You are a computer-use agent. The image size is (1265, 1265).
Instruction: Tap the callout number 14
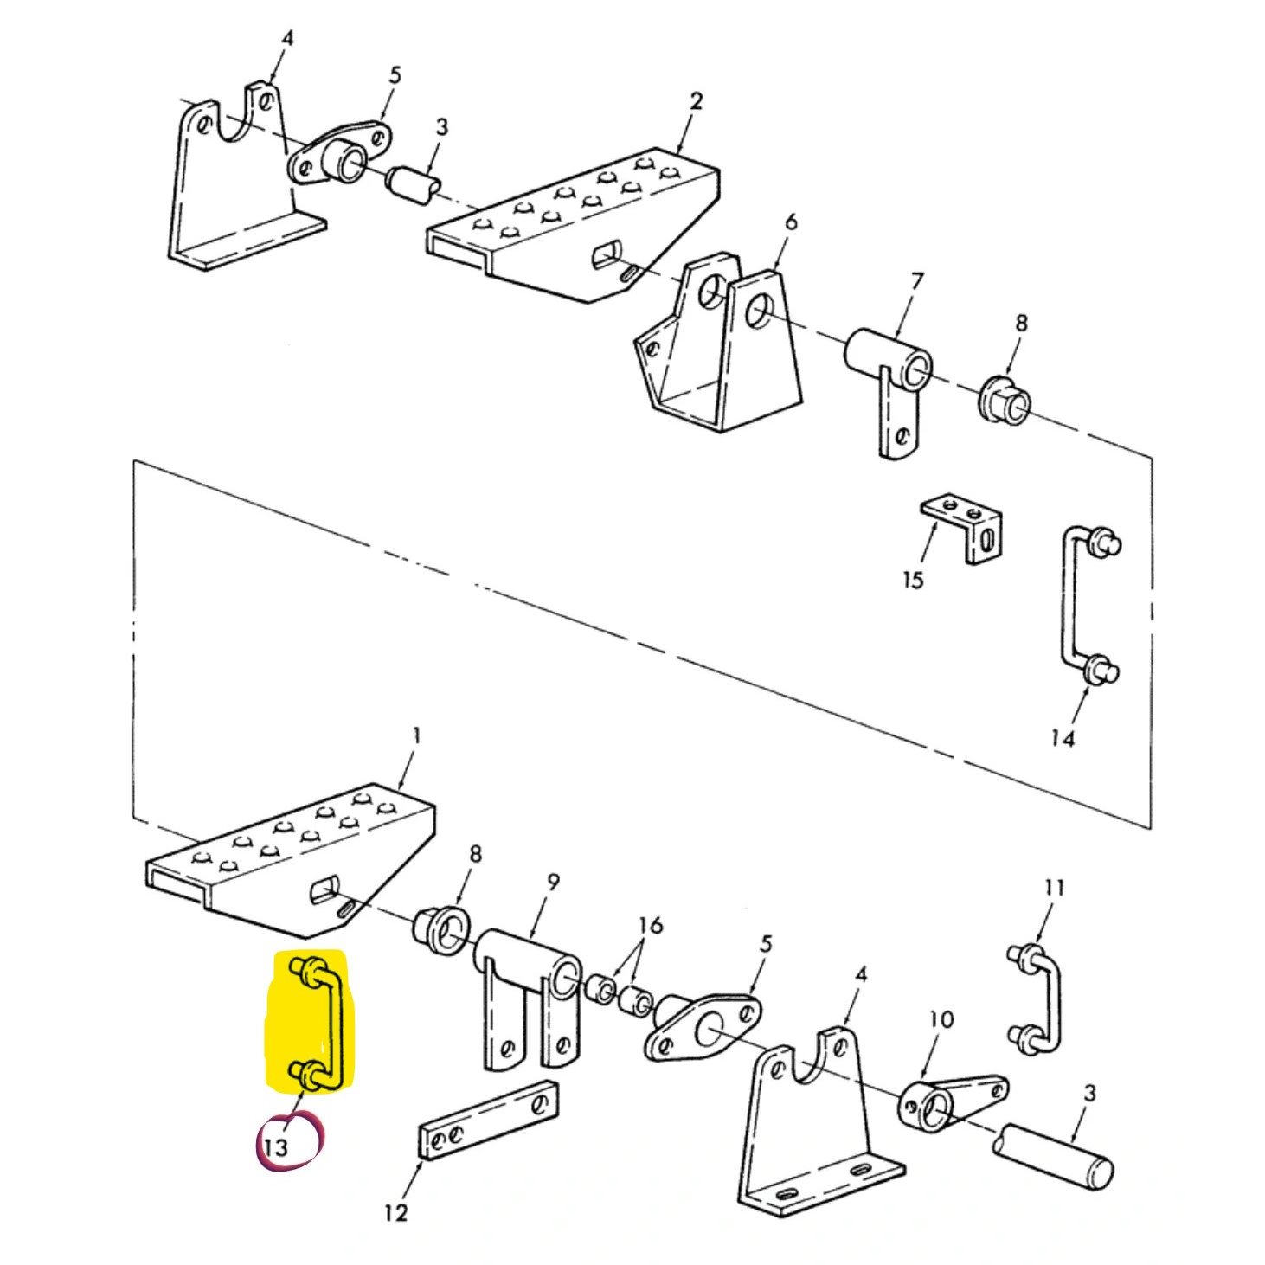point(1062,738)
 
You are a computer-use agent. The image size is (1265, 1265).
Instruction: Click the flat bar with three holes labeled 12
point(489,1120)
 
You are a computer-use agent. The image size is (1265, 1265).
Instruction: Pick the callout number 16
point(651,926)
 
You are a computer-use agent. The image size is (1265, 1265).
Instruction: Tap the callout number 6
point(790,222)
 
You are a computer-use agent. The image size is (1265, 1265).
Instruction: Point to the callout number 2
point(697,100)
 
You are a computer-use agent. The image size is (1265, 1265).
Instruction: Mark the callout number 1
point(417,735)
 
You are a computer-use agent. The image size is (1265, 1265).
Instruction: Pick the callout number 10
point(941,1019)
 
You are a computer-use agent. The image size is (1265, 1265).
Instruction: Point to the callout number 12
point(395,1213)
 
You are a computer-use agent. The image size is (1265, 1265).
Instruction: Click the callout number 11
point(1053,888)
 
